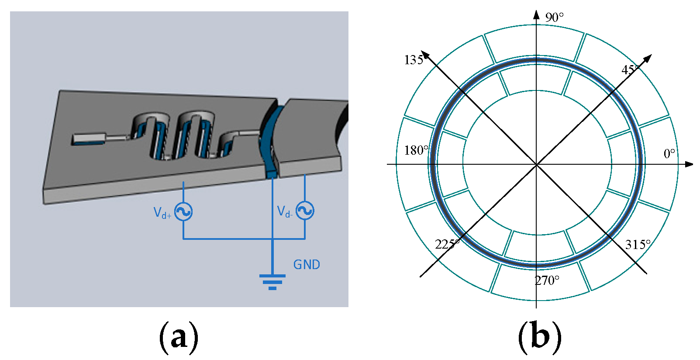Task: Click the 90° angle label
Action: point(554,17)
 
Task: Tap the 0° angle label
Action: point(669,154)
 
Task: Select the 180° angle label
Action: point(416,150)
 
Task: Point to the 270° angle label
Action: point(547,280)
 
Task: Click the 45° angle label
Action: point(630,70)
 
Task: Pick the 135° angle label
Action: point(414,60)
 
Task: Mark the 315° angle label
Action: point(638,245)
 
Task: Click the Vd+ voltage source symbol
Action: point(183,212)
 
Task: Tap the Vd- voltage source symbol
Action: point(305,211)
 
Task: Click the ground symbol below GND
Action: point(272,282)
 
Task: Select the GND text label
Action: point(307,265)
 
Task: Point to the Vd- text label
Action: point(285,212)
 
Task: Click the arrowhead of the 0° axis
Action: point(689,164)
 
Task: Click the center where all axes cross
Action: point(536,164)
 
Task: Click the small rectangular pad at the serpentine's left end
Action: point(89,139)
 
